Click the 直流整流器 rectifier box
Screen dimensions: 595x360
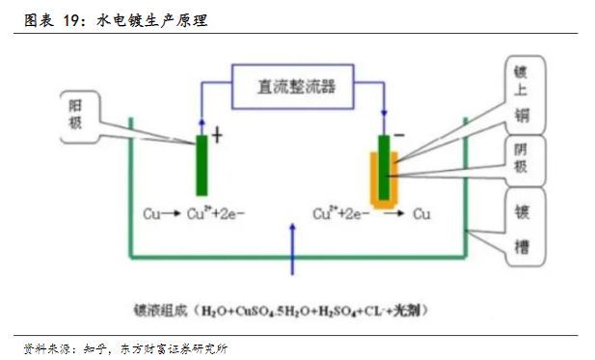(296, 85)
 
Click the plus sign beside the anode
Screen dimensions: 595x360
(217, 136)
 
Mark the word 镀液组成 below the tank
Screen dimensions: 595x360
(161, 311)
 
